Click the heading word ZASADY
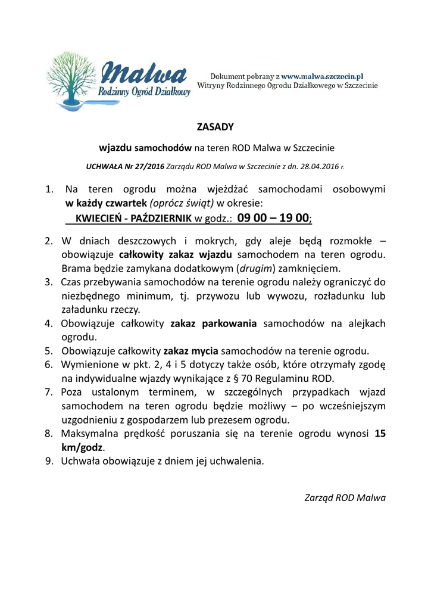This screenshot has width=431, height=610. coord(215,127)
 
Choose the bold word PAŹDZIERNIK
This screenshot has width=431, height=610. coord(161,219)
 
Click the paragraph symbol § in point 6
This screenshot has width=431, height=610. coord(237,378)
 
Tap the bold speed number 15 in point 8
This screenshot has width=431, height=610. coord(380,434)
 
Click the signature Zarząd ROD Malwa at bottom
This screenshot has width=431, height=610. coord(345,497)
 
